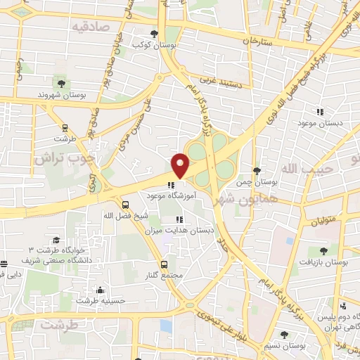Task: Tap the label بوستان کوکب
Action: click(155, 44)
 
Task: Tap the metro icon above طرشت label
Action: click(65, 129)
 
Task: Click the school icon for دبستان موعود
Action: click(320, 112)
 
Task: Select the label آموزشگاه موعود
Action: click(172, 197)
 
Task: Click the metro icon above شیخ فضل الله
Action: click(125, 205)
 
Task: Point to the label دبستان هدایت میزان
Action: click(177, 230)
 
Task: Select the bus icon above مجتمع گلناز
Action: click(164, 264)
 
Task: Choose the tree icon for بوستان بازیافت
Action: click(323, 251)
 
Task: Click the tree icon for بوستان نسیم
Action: click(283, 335)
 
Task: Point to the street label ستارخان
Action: click(257, 41)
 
